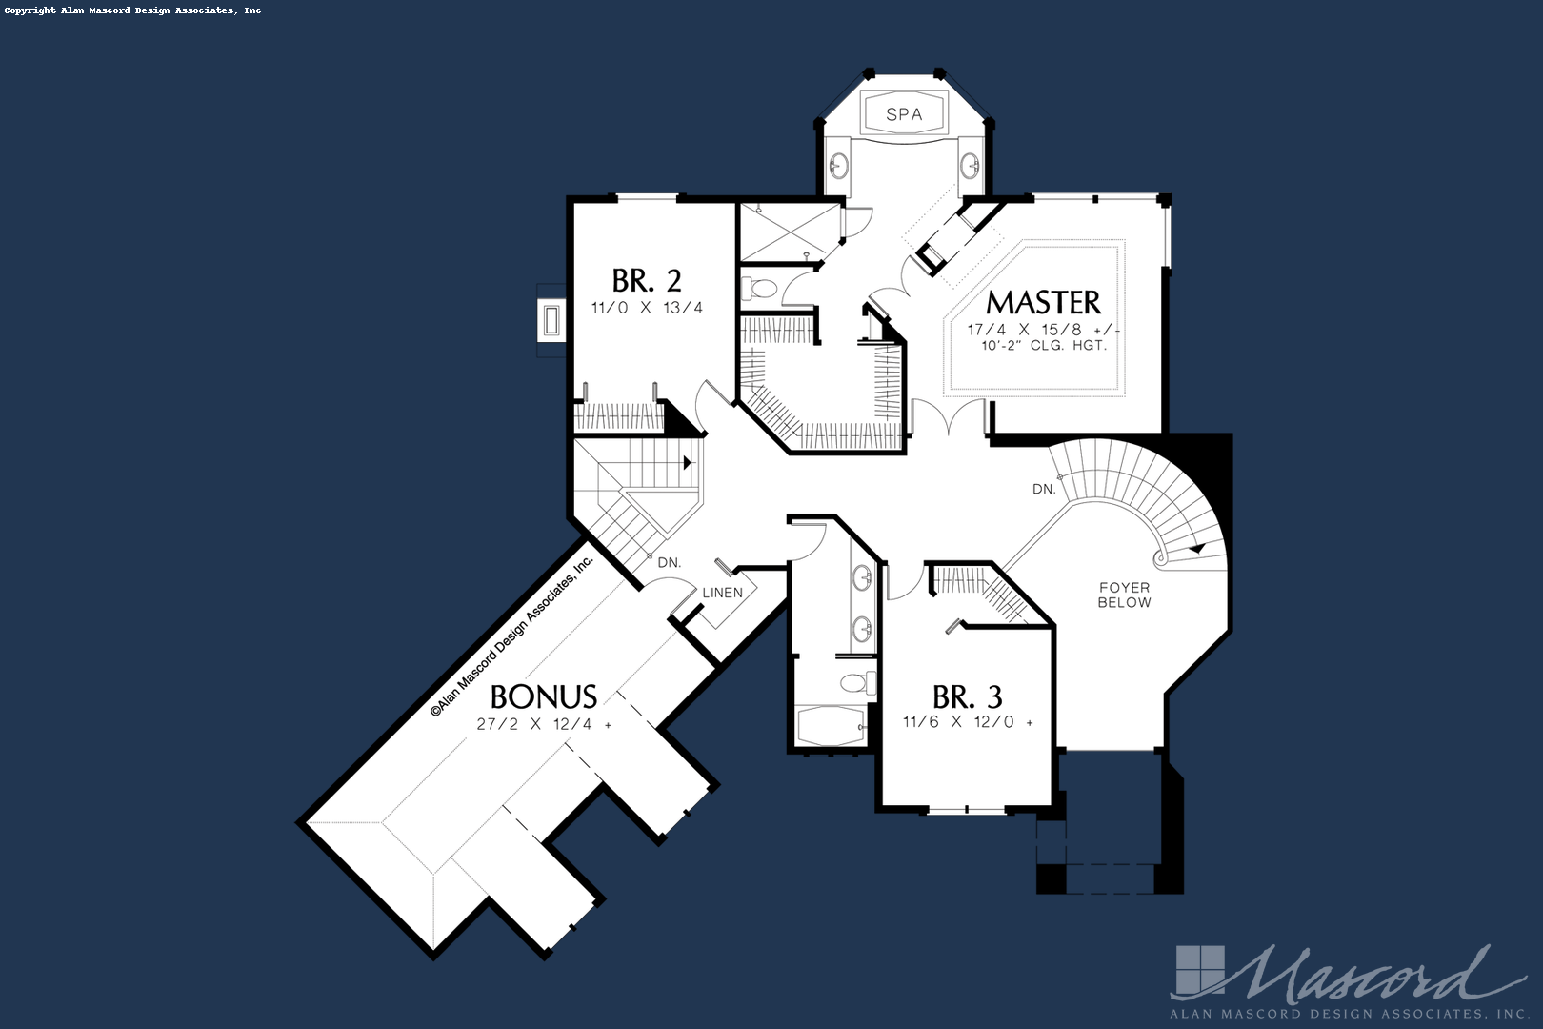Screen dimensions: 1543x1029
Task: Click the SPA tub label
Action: point(904,114)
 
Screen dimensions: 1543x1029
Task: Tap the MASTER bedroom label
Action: point(1044,303)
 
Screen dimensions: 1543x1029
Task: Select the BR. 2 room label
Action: point(647,280)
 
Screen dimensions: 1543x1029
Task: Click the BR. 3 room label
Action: point(968,696)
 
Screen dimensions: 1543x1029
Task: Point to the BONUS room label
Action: point(544,696)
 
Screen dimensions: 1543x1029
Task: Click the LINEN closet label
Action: point(723,593)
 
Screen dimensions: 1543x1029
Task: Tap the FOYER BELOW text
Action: point(1124,595)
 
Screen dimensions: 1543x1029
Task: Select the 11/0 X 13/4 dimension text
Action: point(647,308)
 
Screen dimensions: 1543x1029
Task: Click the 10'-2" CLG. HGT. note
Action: point(1044,345)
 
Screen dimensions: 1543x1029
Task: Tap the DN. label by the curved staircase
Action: point(1044,490)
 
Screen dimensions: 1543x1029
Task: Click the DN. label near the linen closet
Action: point(670,563)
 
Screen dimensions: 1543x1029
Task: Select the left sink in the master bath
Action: point(837,166)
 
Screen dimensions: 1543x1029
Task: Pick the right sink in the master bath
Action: point(971,166)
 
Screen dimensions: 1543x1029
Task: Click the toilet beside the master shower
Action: point(759,288)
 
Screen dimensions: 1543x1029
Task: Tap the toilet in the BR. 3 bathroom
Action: point(856,683)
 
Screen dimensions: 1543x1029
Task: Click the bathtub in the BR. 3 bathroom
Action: point(831,726)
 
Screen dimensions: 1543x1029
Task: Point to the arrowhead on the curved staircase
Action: point(1197,549)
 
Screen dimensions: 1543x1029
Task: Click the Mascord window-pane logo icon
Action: point(1201,971)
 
